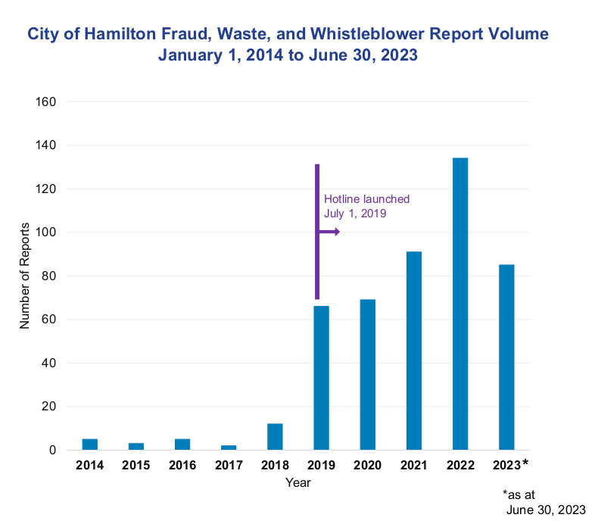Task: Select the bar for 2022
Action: pyautogui.click(x=460, y=304)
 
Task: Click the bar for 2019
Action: pyautogui.click(x=321, y=378)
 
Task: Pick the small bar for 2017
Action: pyautogui.click(x=229, y=447)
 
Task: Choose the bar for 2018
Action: pyautogui.click(x=275, y=437)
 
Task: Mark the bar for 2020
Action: pyautogui.click(x=368, y=375)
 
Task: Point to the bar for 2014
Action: pyautogui.click(x=90, y=444)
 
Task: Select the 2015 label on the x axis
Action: pyautogui.click(x=136, y=464)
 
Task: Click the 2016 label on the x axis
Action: pyautogui.click(x=182, y=464)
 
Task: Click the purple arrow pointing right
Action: pyautogui.click(x=329, y=232)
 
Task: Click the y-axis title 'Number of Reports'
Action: pyautogui.click(x=24, y=276)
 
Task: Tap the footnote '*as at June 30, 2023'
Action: pyautogui.click(x=543, y=501)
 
